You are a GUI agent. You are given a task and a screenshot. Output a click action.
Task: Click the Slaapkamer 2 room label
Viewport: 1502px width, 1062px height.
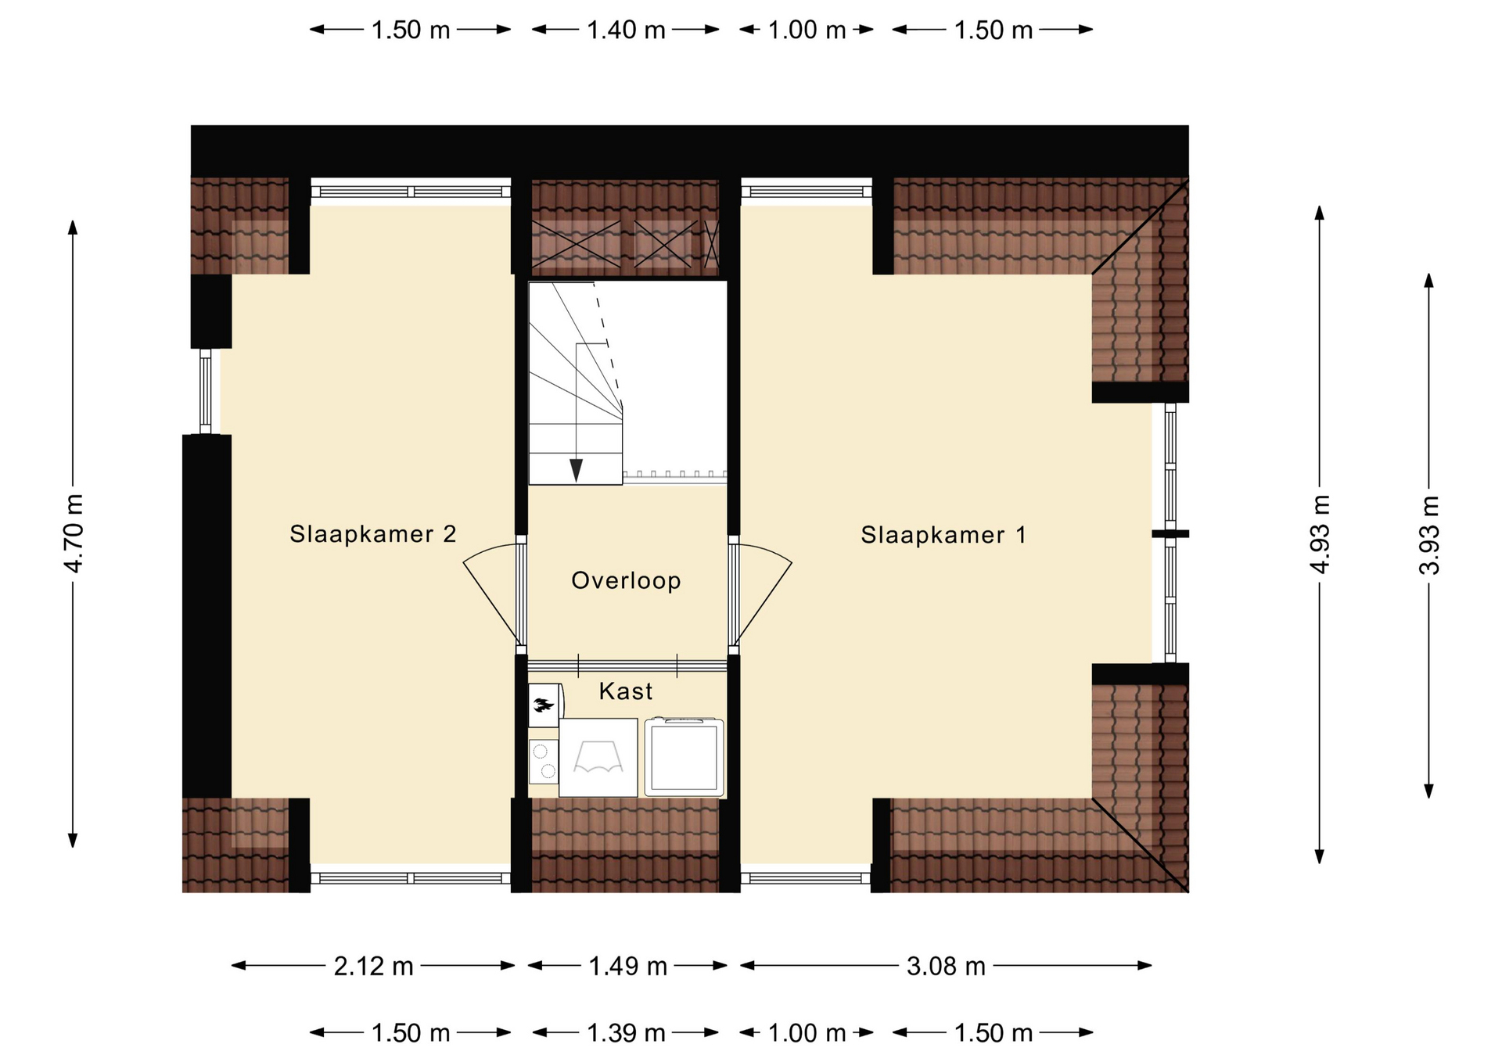click(x=372, y=534)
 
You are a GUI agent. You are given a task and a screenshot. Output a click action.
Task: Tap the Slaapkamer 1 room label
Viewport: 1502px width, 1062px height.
click(x=943, y=535)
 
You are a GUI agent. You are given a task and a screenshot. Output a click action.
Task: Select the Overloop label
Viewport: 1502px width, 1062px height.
click(x=626, y=580)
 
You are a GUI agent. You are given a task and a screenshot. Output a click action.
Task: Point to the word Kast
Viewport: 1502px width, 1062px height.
click(x=626, y=691)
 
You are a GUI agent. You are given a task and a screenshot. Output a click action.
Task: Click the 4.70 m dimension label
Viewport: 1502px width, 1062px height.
click(x=73, y=533)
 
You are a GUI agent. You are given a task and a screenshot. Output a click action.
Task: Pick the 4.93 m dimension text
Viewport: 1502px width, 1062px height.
click(x=1320, y=534)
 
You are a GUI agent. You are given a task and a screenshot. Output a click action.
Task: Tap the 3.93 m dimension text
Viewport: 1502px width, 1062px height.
click(x=1429, y=535)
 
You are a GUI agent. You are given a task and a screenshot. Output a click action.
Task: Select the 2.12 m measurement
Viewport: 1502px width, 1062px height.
click(x=373, y=967)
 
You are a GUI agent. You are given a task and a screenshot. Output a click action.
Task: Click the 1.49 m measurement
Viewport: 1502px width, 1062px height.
click(x=627, y=967)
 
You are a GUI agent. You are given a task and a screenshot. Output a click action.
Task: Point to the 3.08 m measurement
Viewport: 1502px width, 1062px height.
click(x=946, y=967)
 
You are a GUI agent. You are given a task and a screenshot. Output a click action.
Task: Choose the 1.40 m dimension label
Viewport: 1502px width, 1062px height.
click(x=626, y=30)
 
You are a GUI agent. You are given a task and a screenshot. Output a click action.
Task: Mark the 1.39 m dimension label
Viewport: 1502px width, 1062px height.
click(x=626, y=1033)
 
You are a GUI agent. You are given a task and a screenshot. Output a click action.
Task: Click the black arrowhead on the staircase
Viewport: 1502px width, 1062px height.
click(x=577, y=470)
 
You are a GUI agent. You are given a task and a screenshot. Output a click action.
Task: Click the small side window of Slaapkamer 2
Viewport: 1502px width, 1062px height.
click(x=206, y=391)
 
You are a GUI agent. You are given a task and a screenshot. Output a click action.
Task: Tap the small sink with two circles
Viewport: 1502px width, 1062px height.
click(x=543, y=762)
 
